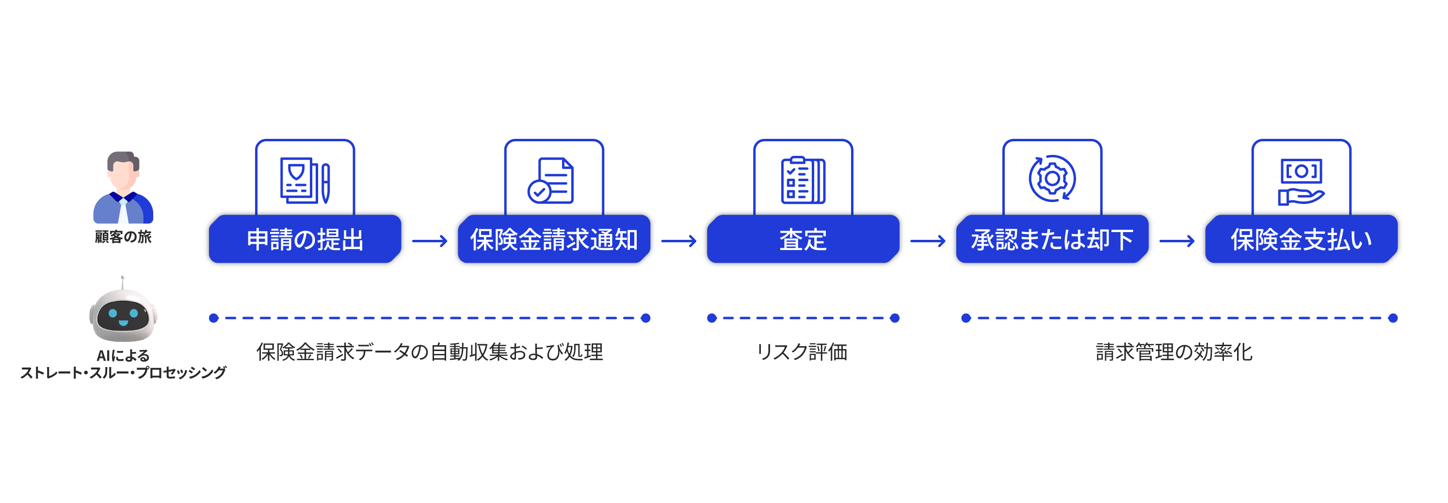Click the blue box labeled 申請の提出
point(305,240)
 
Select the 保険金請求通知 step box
point(554,240)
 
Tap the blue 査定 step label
point(803,240)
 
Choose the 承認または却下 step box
point(1052,240)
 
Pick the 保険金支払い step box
point(1301,240)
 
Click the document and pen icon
point(305,180)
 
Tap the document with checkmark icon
point(551,181)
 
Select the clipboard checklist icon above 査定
point(803,180)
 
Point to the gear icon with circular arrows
point(1052,178)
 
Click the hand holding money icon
point(1301,182)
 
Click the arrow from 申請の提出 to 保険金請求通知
point(430,241)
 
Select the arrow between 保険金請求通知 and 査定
point(678,241)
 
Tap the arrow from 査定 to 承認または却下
point(928,241)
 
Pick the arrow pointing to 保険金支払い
point(1177,241)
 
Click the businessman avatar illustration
point(123,187)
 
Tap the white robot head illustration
point(123,316)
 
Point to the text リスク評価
point(802,352)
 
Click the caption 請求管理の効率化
point(1174,352)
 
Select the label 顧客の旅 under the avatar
point(123,237)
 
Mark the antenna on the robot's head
point(123,281)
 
